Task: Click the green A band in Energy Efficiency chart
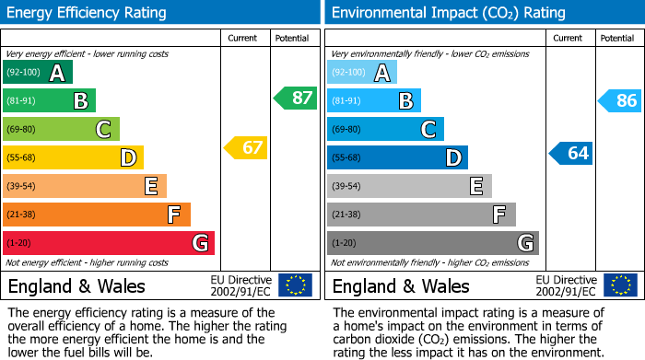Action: (37, 73)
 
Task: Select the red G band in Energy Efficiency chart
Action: (108, 243)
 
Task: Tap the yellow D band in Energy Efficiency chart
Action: (72, 157)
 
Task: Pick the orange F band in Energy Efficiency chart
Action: (96, 215)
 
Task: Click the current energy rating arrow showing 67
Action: (246, 147)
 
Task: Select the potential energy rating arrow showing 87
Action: (296, 98)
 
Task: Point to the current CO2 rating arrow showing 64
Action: (571, 153)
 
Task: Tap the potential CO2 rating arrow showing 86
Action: (620, 101)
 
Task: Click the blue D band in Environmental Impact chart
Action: (396, 157)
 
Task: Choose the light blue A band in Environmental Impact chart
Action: (361, 73)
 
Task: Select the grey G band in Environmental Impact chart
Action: (432, 243)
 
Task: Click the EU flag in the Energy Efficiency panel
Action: (295, 285)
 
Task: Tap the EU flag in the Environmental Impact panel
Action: (620, 285)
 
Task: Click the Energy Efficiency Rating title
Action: (88, 13)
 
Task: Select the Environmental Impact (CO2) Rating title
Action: (448, 13)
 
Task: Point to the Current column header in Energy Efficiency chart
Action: (244, 38)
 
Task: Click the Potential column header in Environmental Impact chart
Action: (617, 38)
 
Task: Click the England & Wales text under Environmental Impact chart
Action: (401, 286)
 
